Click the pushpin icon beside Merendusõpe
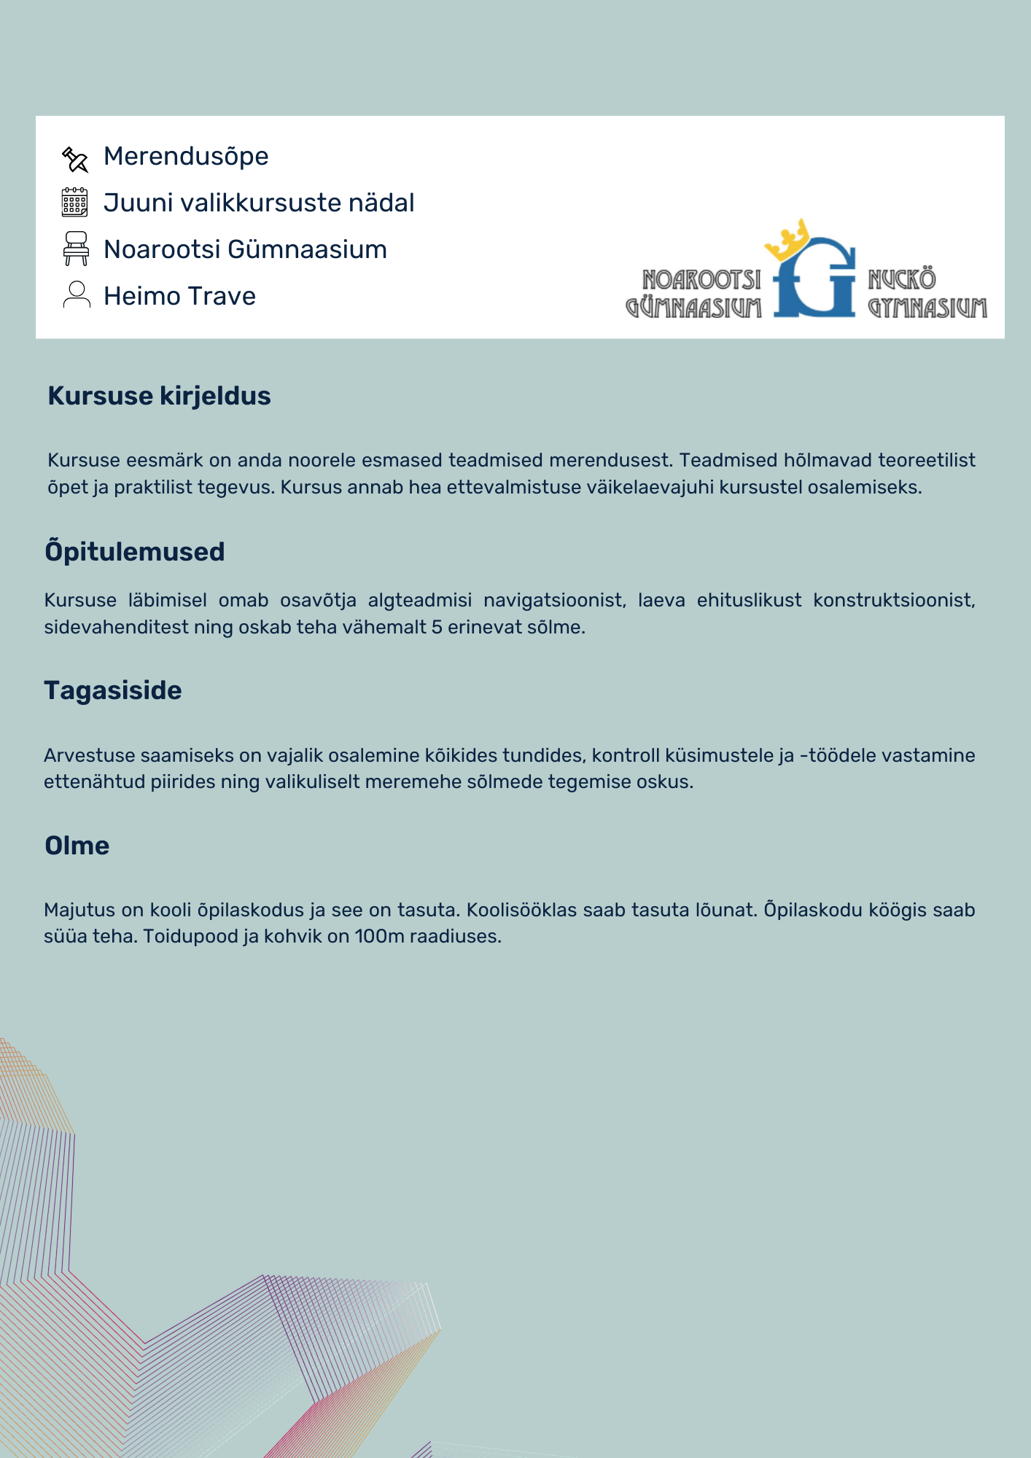pos(75,159)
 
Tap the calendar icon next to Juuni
pos(74,203)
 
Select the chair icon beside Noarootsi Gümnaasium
pos(76,249)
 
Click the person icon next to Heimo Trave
pos(77,295)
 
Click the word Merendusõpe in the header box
pos(186,156)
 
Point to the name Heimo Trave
pos(179,296)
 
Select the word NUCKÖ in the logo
pos(902,279)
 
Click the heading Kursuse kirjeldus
pos(159,396)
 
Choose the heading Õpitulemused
pos(134,552)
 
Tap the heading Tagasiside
pos(113,690)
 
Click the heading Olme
pos(77,846)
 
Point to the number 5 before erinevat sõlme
pos(436,628)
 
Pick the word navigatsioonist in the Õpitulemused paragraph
pos(554,601)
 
